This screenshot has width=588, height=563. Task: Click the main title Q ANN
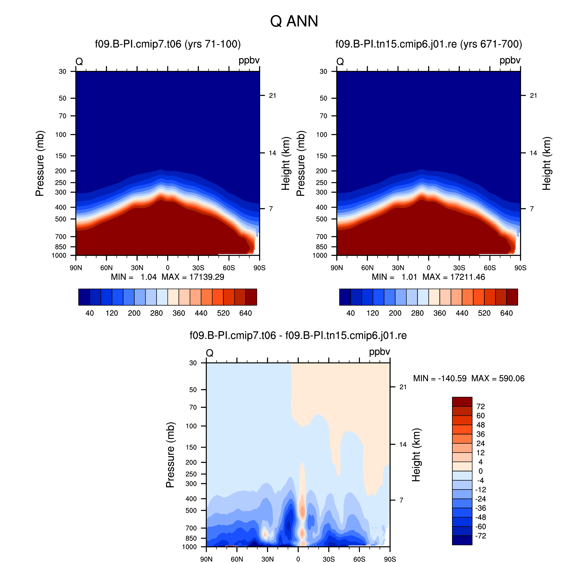[x=294, y=21]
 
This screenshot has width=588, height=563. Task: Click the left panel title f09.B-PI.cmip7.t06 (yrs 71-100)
[x=168, y=44]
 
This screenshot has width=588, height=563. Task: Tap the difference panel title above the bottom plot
[x=298, y=335]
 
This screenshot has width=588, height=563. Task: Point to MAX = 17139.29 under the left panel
[x=193, y=277]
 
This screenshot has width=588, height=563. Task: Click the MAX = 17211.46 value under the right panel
[x=454, y=277]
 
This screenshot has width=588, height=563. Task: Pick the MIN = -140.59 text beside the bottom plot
[x=440, y=378]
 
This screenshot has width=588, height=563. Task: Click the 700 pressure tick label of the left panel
[x=61, y=237]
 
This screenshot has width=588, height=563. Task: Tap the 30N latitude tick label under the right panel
[x=398, y=268]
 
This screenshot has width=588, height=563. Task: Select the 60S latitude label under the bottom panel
[x=359, y=559]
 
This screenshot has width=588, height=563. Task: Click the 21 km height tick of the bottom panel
[x=403, y=387]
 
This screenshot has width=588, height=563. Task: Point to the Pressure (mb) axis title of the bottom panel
[x=170, y=455]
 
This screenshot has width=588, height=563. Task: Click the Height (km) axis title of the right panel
[x=547, y=163]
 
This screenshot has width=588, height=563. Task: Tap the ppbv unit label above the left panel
[x=249, y=61]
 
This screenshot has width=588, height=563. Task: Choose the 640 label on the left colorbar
[x=246, y=313]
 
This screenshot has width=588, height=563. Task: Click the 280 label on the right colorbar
[x=417, y=313]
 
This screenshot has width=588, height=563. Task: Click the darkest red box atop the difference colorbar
[x=462, y=402]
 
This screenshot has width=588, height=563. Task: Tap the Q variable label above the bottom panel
[x=210, y=353]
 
